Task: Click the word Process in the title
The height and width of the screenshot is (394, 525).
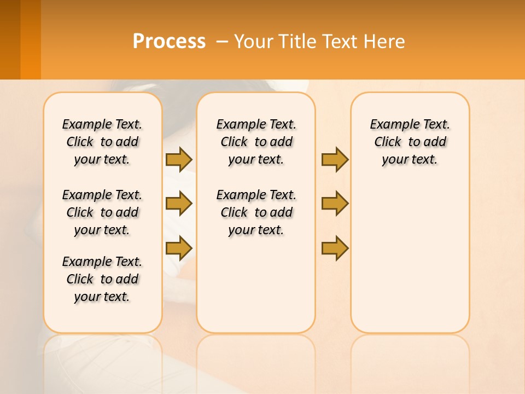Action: coord(169,42)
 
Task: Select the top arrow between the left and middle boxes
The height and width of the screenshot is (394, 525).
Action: coord(179,159)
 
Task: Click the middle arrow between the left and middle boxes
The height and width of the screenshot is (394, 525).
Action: coord(179,204)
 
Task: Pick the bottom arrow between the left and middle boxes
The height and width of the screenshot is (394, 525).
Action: coord(179,248)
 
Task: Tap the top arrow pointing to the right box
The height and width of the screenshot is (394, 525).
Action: coord(335,159)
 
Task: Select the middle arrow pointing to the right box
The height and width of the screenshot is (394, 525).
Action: coord(335,204)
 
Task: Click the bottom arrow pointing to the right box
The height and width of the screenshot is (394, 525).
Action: coord(335,248)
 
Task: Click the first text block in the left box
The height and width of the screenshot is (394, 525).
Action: coord(102,142)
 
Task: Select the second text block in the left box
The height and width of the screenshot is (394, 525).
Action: coord(102,212)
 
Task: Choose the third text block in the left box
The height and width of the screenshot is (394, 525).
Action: coord(102,279)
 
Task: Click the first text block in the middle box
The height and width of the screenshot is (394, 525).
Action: coord(256,142)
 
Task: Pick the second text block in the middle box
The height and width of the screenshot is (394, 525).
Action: coord(256,212)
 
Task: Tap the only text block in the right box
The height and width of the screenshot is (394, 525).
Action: coord(410,142)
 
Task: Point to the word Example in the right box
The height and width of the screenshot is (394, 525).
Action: coord(390,125)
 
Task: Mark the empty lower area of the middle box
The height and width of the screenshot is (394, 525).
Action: coord(256,285)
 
